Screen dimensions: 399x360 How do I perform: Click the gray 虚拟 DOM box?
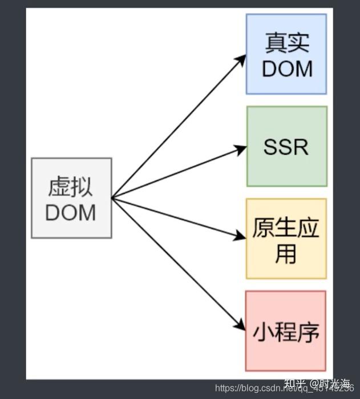coord(71,198)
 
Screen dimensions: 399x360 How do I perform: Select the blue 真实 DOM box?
coord(286,54)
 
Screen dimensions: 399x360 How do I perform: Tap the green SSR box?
coord(286,146)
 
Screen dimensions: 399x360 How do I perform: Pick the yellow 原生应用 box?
coord(286,239)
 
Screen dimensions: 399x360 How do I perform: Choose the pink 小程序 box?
coord(286,331)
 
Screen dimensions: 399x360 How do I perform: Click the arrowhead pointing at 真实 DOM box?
coord(241,58)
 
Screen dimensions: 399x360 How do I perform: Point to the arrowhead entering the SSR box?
coord(241,149)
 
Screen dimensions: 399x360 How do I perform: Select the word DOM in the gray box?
coord(71,212)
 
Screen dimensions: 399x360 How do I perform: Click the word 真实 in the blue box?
coord(286,42)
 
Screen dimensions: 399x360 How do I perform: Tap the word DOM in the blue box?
coord(287,68)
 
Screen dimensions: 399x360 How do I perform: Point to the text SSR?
coord(286,147)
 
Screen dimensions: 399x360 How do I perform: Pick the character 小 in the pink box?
coord(264,331)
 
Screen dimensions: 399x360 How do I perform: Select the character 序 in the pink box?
coord(308,331)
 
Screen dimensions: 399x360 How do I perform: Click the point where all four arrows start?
coord(112,198)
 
